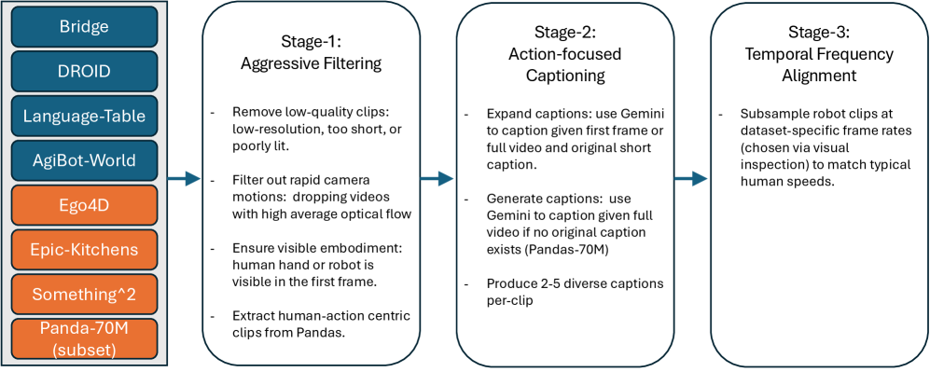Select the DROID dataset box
[83, 71]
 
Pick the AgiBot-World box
[83, 160]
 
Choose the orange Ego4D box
[83, 204]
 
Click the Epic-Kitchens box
[83, 249]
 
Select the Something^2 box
[83, 294]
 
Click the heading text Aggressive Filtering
[311, 64]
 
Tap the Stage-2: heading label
[565, 34]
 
